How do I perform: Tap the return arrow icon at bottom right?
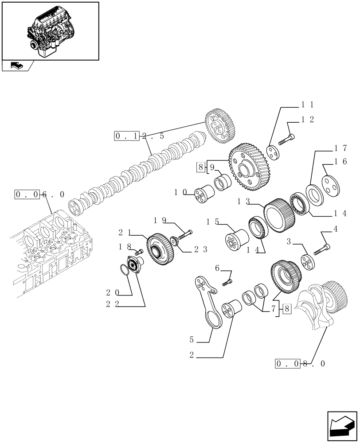(x=342, y=426)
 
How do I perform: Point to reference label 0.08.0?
(x=300, y=364)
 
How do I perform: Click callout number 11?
(x=307, y=105)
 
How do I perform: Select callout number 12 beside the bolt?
(x=307, y=119)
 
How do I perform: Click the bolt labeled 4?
(x=322, y=249)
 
